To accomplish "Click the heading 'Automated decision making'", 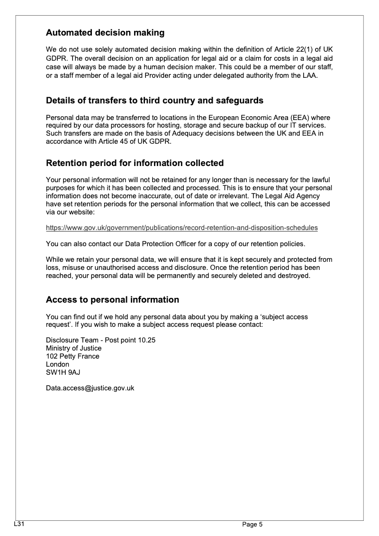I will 105,33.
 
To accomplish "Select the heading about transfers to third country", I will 154,101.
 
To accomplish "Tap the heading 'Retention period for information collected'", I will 135,163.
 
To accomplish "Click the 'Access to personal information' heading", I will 112,300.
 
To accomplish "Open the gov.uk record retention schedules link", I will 181,228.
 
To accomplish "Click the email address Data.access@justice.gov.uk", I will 90,388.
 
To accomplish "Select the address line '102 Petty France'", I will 72,356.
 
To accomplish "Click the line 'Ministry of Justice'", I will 73,348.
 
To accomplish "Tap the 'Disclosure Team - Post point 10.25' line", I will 100,340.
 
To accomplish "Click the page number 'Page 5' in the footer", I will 252,524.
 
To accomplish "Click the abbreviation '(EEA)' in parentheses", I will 293,117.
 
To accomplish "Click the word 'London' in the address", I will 57,364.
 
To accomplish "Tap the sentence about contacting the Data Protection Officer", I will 175,244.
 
